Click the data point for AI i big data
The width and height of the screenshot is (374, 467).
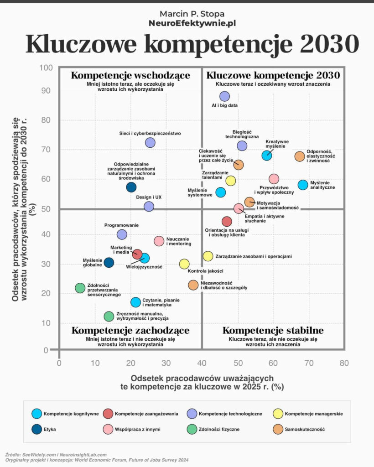pos(224,96)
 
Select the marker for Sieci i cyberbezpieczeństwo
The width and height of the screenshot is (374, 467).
pos(150,143)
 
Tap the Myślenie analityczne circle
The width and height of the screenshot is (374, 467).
pos(303,185)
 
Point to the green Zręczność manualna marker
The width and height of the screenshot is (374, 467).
pos(109,317)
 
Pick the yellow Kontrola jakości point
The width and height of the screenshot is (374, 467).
pos(184,264)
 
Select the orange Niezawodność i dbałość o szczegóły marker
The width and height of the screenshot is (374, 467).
pos(193,285)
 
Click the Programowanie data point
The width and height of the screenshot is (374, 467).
pos(122,234)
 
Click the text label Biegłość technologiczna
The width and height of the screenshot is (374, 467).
pos(242,133)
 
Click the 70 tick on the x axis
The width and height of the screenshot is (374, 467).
pos(309,363)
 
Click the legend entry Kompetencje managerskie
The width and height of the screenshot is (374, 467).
pos(313,414)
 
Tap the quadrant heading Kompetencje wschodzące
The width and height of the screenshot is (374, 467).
pos(130,75)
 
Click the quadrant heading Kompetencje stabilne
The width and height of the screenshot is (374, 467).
pos(273,330)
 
